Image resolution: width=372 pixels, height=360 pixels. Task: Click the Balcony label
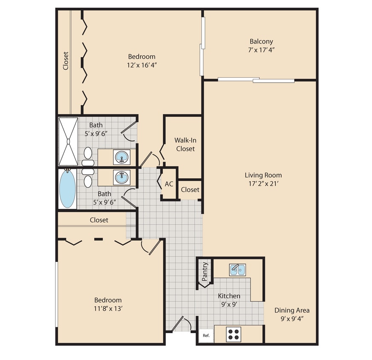click(x=261, y=42)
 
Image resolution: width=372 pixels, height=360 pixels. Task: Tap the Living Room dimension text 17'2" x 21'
click(x=263, y=184)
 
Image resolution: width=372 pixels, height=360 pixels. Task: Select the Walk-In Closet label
click(x=185, y=144)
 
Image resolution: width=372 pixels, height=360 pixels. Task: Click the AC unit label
click(x=169, y=184)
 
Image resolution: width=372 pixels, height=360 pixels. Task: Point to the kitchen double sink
click(x=237, y=270)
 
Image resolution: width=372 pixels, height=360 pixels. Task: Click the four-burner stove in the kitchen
click(x=233, y=334)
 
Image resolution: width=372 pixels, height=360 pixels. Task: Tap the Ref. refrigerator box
click(x=206, y=336)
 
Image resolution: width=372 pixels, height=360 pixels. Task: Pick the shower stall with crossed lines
click(x=68, y=141)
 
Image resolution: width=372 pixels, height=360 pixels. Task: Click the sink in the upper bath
click(x=122, y=157)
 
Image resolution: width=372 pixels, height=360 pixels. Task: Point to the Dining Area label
click(x=292, y=311)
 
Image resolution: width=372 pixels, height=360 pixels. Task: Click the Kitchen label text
click(x=229, y=296)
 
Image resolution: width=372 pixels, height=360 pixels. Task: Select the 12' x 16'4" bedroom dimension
click(x=141, y=65)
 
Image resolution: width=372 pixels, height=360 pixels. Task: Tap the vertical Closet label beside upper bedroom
click(x=66, y=61)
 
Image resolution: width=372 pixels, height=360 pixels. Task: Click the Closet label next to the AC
click(x=190, y=189)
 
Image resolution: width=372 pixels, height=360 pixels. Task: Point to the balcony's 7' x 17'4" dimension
click(x=261, y=50)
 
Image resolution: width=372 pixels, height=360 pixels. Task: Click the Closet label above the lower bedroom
click(x=99, y=220)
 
